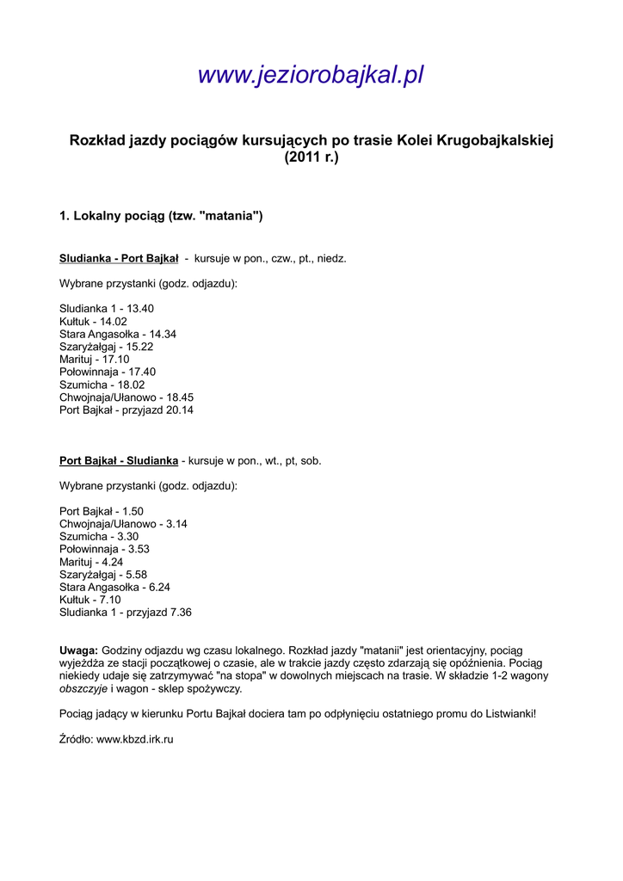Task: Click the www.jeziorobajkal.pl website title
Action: (x=311, y=76)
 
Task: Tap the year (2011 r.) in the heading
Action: (x=311, y=158)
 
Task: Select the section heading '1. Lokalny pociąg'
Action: (x=161, y=215)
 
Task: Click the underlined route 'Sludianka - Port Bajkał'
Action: (x=119, y=258)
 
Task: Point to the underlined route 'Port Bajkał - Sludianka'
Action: (x=119, y=460)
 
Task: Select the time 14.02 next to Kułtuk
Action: (x=114, y=321)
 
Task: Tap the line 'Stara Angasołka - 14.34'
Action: (x=118, y=334)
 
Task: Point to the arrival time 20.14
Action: (x=180, y=410)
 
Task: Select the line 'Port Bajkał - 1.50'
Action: (x=102, y=511)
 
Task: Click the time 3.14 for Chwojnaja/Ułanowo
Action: (x=176, y=523)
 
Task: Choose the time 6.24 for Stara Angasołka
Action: (x=181, y=587)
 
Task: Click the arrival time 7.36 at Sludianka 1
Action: (x=181, y=613)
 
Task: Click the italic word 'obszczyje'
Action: (x=83, y=688)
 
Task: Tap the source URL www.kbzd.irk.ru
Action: (x=135, y=739)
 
